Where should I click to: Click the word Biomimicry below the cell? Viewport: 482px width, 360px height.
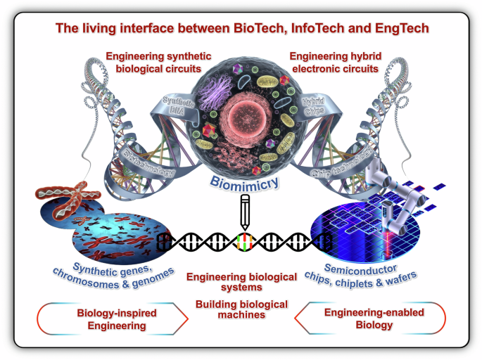point(241,185)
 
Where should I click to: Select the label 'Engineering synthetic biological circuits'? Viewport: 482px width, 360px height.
point(152,62)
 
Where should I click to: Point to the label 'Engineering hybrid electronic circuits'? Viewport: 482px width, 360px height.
point(335,62)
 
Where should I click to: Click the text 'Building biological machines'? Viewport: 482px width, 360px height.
point(241,309)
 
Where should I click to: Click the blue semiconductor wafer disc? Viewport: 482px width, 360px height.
point(359,232)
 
